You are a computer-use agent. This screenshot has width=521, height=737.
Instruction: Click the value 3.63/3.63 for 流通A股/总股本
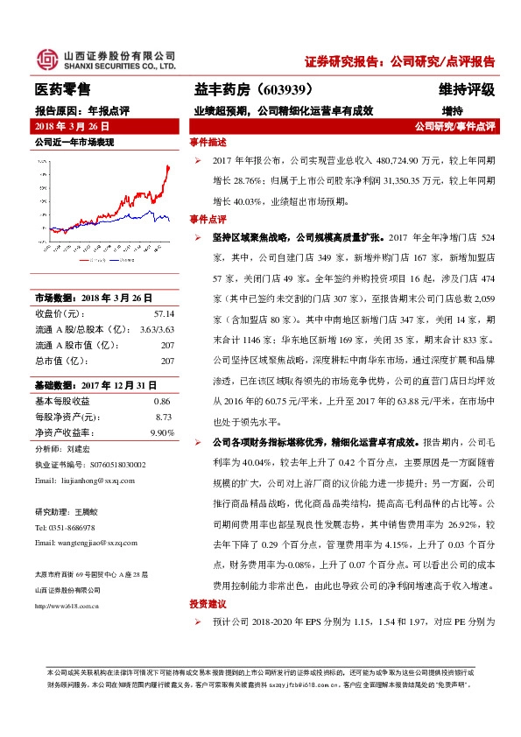click(157, 328)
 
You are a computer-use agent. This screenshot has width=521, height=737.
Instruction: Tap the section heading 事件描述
click(208, 143)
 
